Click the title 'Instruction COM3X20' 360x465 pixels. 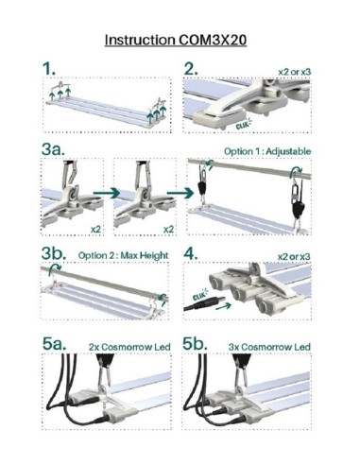pos(176,40)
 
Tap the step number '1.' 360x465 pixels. pos(49,69)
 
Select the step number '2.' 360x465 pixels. pos(191,69)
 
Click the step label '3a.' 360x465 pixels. pos(53,149)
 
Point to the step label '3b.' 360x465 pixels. pos(54,253)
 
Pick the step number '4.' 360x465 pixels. pos(191,254)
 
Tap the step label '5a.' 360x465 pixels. pos(55,344)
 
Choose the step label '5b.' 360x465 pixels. pos(196,344)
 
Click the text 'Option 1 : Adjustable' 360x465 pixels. pos(267,151)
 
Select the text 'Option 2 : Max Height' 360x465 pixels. pos(124,255)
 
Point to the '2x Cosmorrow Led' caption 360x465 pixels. pos(129,347)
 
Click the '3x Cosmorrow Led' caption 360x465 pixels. pos(269,347)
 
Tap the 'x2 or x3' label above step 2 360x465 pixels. pos(295,72)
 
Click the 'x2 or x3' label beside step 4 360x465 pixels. pos(294,257)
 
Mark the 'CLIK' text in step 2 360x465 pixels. pos(242,125)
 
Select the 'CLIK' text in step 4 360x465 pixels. pos(199,296)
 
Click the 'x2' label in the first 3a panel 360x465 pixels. pos(95,230)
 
